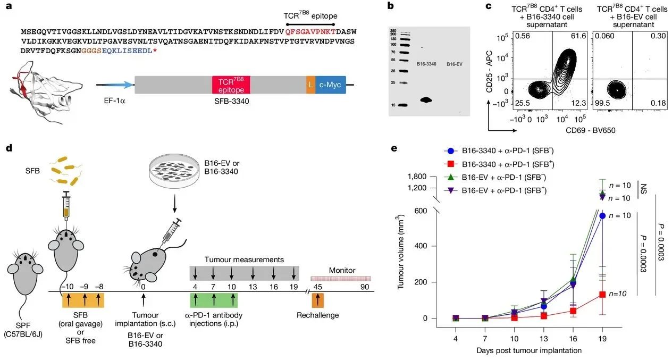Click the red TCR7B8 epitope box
coord(231,85)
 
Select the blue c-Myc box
coord(330,85)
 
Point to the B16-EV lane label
coord(453,64)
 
